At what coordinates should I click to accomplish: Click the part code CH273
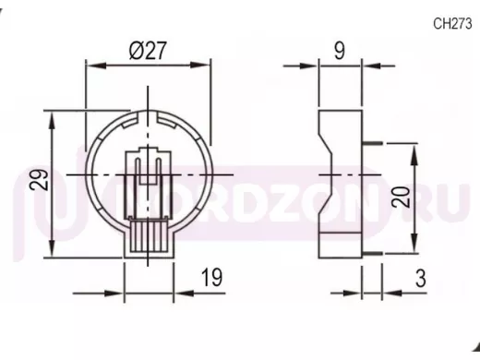click(452, 23)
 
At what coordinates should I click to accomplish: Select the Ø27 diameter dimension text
click(148, 51)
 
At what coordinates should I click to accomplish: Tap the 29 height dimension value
click(40, 180)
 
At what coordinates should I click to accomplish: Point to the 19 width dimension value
click(211, 277)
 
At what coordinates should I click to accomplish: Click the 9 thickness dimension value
click(340, 51)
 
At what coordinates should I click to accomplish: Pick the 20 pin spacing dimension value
click(401, 197)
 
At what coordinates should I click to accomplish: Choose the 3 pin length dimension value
click(421, 279)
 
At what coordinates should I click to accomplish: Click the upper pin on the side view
click(372, 143)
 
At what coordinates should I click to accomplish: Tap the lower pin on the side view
click(372, 254)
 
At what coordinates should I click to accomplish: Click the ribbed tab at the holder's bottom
click(149, 236)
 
